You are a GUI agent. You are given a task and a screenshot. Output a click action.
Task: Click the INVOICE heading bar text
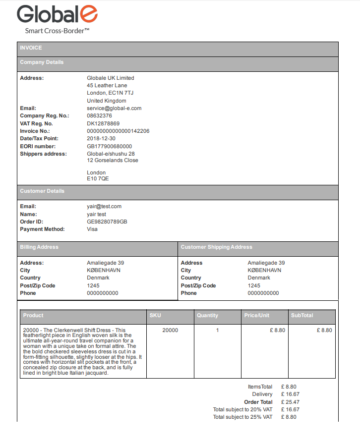coord(31,48)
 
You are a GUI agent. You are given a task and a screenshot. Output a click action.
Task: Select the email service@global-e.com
coord(114,108)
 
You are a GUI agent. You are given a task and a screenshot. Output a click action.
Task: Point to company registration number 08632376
coord(99,116)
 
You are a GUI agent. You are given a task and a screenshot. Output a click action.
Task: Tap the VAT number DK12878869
coord(103,123)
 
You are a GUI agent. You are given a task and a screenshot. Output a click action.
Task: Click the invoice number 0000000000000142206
coord(118,131)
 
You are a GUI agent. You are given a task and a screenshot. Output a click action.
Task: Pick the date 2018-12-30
coord(101,139)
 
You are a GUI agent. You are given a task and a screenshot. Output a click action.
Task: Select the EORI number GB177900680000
coord(110,147)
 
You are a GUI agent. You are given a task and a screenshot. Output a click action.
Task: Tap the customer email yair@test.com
coord(104,206)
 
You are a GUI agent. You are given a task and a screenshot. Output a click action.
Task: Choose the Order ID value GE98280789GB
coord(107,222)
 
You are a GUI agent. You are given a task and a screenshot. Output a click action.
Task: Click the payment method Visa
coord(92,229)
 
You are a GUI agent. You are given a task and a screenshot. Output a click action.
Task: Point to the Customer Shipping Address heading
coord(216,247)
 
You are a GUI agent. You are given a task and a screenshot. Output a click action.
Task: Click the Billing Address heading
coord(39,247)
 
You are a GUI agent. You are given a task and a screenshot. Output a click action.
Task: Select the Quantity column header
coord(207,315)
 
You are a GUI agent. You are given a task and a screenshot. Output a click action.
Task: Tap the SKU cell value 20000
coord(170,330)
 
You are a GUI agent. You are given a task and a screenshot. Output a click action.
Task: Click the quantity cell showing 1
coord(217,330)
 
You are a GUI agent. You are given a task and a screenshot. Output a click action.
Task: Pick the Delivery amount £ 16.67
coord(290,394)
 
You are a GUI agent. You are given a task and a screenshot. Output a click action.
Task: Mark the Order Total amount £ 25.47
coord(290,402)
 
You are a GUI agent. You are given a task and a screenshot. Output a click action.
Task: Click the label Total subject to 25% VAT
coord(242,417)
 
